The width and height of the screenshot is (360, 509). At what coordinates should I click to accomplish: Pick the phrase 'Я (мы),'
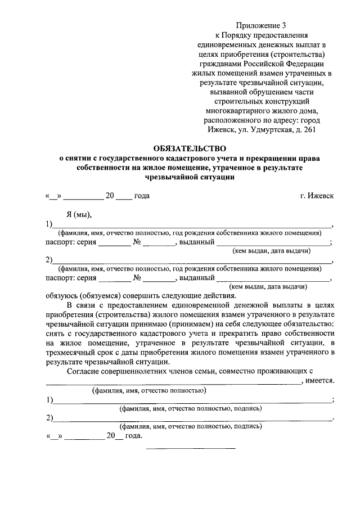pyautogui.click(x=79, y=214)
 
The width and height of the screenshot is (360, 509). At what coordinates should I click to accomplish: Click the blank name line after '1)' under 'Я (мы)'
pyautogui.click(x=192, y=226)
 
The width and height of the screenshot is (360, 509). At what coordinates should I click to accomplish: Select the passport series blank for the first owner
pyautogui.click(x=114, y=244)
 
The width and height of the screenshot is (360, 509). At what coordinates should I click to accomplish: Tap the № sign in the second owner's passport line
pyautogui.click(x=137, y=277)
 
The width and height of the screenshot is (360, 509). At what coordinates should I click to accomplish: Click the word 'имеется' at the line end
pyautogui.click(x=320, y=381)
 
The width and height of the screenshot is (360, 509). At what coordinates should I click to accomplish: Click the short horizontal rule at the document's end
pyautogui.click(x=191, y=448)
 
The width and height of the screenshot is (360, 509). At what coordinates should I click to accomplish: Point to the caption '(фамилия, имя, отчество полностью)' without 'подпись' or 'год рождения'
pyautogui.click(x=149, y=390)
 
